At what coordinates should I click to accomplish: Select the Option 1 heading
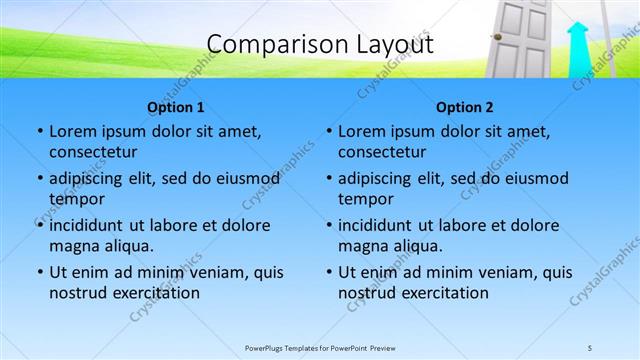(176, 107)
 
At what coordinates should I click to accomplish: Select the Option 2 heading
(465, 107)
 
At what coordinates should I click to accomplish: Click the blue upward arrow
(577, 49)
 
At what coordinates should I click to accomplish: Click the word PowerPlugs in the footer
(268, 348)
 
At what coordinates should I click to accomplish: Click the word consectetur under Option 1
(93, 152)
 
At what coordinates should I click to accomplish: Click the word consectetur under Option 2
(382, 152)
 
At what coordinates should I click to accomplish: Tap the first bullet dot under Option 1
(39, 131)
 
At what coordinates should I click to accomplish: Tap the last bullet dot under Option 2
(328, 272)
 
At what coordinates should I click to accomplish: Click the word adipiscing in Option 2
(377, 178)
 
